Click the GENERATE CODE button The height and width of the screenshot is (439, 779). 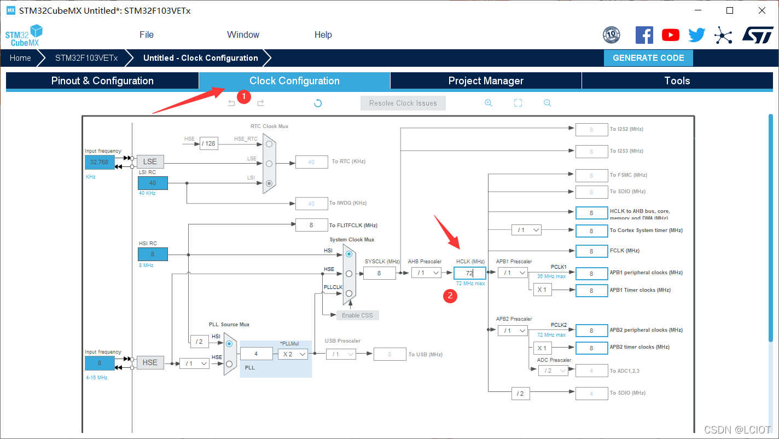648,58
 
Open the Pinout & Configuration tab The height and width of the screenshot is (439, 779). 102,81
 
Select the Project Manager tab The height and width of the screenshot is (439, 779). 486,81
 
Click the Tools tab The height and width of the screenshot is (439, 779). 677,81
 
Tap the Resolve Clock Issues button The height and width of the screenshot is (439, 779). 403,103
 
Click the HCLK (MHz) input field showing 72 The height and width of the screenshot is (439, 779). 469,273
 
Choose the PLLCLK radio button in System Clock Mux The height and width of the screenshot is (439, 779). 349,293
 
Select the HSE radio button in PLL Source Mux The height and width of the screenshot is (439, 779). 229,363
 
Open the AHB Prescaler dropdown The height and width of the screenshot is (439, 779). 427,273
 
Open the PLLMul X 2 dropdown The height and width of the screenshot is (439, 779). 293,354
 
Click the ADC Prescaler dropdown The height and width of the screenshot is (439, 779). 553,371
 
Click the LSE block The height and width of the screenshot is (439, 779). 150,161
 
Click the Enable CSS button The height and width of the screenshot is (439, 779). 357,315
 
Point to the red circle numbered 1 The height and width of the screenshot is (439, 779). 243,97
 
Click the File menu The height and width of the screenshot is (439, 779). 147,34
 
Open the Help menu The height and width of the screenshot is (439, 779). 323,34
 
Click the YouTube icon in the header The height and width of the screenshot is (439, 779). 670,35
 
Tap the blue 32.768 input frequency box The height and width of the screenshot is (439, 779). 100,162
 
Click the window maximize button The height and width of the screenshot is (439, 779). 729,10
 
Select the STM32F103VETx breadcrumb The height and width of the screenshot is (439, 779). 86,58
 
